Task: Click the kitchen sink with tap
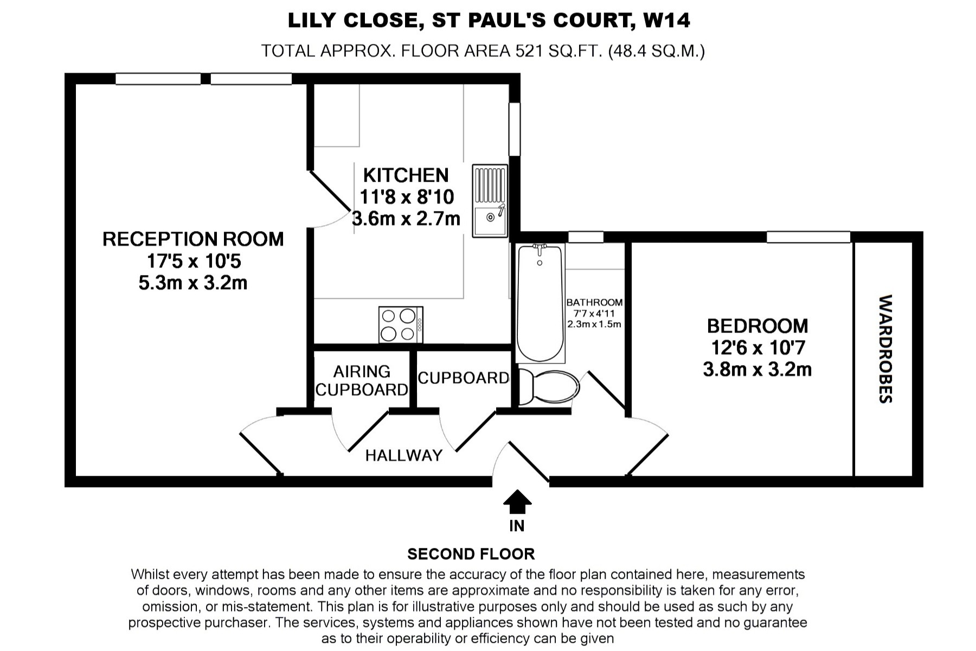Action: [x=490, y=201]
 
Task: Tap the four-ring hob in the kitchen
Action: [x=401, y=325]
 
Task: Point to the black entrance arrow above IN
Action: [x=517, y=501]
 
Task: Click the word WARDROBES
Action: [x=885, y=349]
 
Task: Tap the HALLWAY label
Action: [x=404, y=455]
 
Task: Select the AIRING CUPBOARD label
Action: [x=362, y=380]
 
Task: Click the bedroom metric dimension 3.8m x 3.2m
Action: [x=757, y=369]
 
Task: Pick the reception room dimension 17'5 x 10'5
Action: [x=194, y=261]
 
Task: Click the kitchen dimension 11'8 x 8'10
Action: [x=407, y=196]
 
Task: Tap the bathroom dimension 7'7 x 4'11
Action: [x=594, y=313]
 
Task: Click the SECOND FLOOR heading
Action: [x=471, y=554]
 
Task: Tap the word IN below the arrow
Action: [x=517, y=526]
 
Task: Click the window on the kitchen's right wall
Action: [x=514, y=129]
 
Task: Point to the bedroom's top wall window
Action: [x=808, y=237]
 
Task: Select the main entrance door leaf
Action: [x=529, y=462]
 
